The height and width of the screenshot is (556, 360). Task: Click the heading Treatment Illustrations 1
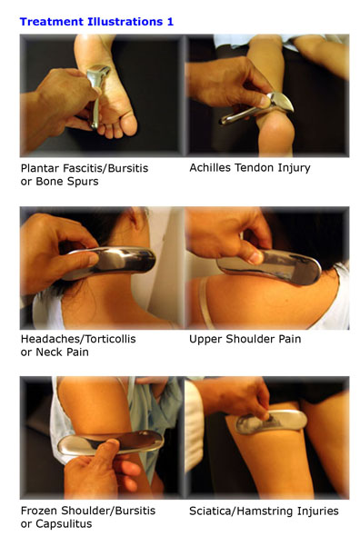point(96,22)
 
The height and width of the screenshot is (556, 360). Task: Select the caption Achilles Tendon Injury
point(250,168)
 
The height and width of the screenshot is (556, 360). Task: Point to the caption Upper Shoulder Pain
point(245,339)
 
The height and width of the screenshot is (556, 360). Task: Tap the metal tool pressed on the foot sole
point(97,92)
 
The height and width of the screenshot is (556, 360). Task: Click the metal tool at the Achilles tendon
point(257,108)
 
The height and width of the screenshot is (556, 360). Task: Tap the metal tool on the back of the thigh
point(271,422)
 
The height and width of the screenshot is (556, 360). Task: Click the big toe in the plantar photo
point(129,124)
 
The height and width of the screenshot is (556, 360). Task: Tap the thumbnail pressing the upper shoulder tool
point(255,257)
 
